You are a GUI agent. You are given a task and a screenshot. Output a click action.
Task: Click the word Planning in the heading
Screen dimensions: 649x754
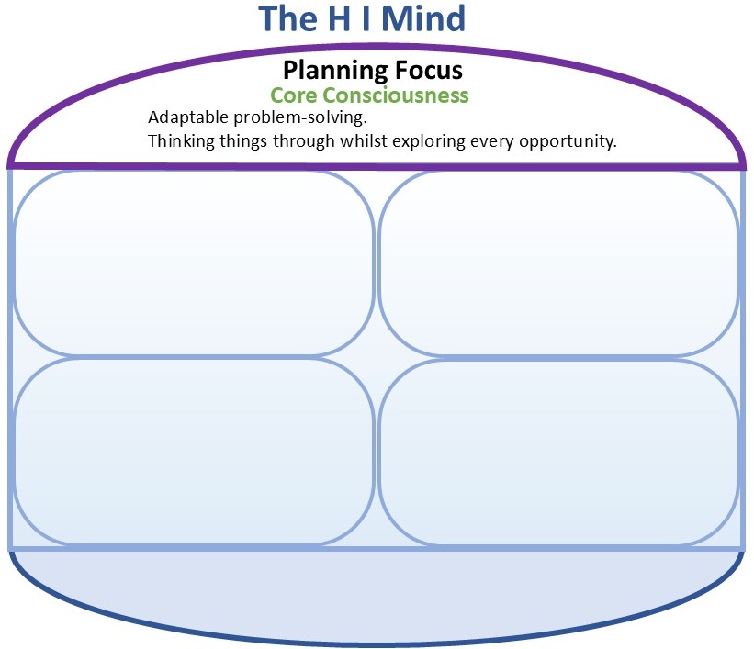point(329,70)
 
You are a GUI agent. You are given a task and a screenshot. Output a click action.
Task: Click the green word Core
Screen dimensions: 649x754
point(291,95)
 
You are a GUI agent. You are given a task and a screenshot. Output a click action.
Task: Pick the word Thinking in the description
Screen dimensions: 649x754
point(178,142)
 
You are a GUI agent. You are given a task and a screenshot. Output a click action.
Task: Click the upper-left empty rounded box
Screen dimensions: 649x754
point(194,263)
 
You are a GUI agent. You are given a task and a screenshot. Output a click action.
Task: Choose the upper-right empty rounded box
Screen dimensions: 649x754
point(558,263)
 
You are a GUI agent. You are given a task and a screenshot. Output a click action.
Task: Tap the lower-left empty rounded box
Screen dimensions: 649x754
point(194,451)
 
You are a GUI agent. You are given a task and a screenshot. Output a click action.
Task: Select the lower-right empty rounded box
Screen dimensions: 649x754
point(558,453)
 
